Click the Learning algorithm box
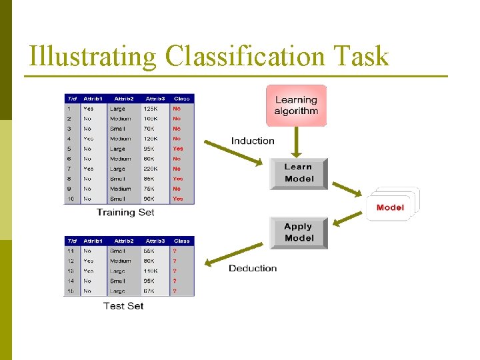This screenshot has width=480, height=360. point(297,105)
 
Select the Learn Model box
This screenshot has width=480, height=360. point(298,173)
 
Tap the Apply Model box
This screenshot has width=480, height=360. point(299,233)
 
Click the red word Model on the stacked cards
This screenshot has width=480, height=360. point(390,207)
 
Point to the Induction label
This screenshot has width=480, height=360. point(253,141)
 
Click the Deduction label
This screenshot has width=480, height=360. point(253,268)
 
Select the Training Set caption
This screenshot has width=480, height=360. point(125,212)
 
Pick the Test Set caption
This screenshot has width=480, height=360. point(123,305)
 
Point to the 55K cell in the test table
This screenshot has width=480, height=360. point(149,251)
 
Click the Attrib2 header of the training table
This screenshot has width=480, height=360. point(123,99)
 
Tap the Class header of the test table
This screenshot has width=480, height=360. point(181,241)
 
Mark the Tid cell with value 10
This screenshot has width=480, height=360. point(69,199)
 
